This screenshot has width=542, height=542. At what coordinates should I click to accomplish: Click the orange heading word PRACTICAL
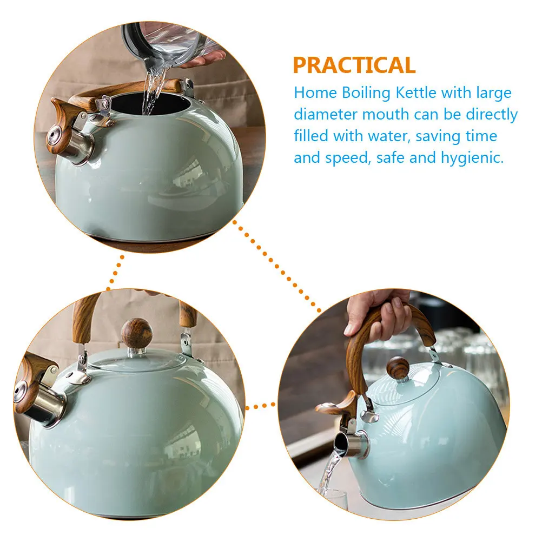[x=354, y=65]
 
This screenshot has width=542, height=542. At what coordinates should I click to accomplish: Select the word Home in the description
[x=315, y=92]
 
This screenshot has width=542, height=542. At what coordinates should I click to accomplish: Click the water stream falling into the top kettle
[x=151, y=92]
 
